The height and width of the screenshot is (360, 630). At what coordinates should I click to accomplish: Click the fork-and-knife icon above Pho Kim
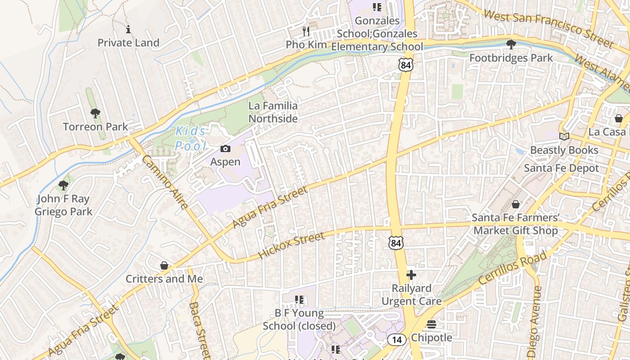(306, 31)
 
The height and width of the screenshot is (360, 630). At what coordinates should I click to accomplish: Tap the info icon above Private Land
(128, 30)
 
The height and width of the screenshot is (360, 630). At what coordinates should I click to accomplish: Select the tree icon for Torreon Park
(95, 113)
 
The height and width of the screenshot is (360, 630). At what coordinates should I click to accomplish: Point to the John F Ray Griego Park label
(63, 205)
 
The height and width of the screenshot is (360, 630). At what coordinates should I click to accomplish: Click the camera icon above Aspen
(225, 149)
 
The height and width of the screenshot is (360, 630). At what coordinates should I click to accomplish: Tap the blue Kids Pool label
(191, 139)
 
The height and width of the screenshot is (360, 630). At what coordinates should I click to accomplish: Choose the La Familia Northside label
(273, 112)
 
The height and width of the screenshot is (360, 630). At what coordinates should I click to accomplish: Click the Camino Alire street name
(165, 182)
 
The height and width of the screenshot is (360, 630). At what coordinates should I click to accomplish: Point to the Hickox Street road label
(291, 246)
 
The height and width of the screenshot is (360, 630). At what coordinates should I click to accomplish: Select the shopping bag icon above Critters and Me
(164, 265)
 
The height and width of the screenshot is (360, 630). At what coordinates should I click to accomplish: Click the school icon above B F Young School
(299, 300)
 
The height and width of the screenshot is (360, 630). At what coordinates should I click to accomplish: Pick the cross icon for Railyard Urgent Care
(411, 275)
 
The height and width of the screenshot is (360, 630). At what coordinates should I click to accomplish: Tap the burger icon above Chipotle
(432, 324)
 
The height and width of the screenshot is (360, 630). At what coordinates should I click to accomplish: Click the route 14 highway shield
(396, 340)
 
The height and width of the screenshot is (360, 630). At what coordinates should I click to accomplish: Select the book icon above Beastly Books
(564, 136)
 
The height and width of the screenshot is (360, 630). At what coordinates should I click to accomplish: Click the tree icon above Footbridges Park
(511, 45)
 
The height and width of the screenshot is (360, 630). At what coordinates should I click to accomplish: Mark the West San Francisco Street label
(548, 28)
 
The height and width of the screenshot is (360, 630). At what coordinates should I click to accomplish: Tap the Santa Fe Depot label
(562, 168)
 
